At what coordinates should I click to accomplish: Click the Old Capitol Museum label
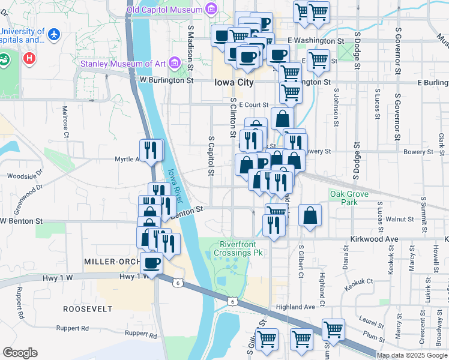pyautogui.click(x=164, y=10)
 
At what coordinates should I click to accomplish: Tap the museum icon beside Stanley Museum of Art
pyautogui.click(x=174, y=62)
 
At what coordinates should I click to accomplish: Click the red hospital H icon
pyautogui.click(x=28, y=58)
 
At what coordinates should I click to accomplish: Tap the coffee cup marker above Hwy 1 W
pyautogui.click(x=151, y=262)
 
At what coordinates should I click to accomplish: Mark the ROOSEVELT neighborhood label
pyautogui.click(x=88, y=308)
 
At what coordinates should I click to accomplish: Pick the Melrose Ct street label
pyautogui.click(x=65, y=120)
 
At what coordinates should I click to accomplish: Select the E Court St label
pyautogui.click(x=253, y=105)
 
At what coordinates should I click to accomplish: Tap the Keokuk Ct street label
pyautogui.click(x=359, y=281)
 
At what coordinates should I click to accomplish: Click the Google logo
pyautogui.click(x=20, y=353)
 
